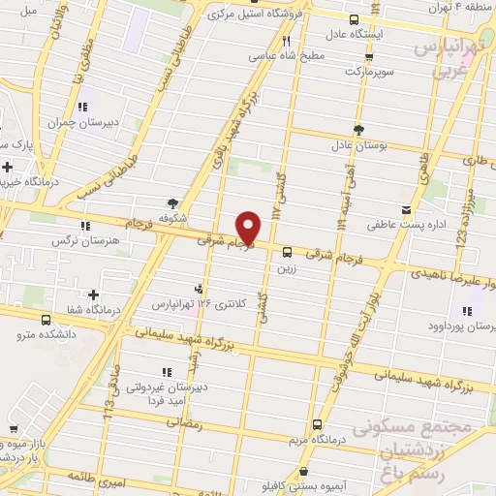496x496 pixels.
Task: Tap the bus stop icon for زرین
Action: point(286,252)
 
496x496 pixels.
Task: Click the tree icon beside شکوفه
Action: point(173,203)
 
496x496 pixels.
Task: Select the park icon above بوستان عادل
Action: point(358,129)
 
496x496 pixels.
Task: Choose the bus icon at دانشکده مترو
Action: point(44,319)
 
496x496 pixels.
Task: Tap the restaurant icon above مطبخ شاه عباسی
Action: point(286,42)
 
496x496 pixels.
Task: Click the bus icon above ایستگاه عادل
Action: point(354,20)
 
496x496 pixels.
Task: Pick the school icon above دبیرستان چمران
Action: point(81,105)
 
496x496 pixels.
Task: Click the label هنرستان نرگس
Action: point(90,239)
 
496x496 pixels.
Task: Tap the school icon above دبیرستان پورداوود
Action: point(467,311)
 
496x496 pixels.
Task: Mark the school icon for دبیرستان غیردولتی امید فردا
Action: point(166,371)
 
